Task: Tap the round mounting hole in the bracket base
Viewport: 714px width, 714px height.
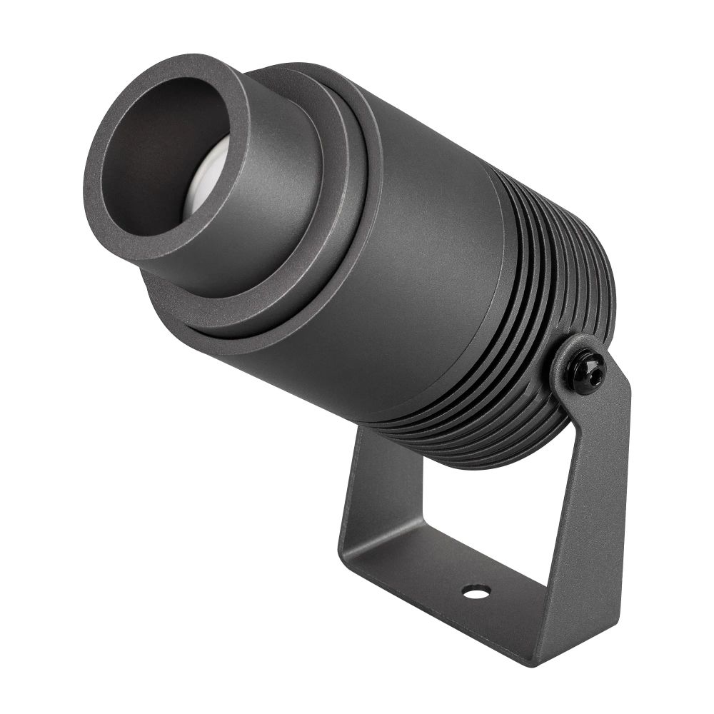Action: tap(476, 591)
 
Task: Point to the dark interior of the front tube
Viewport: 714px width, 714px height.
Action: tap(161, 154)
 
